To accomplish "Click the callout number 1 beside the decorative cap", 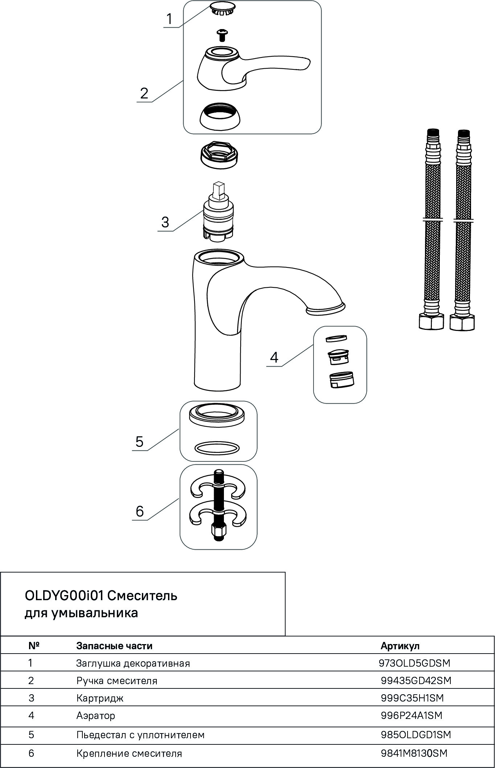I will [169, 19].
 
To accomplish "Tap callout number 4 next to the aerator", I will [274, 357].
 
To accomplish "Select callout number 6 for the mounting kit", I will [140, 511].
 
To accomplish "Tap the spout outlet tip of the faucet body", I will [326, 309].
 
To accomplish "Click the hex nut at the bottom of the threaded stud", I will [218, 533].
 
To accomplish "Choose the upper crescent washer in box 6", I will [218, 488].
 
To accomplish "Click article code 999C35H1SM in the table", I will [412, 698].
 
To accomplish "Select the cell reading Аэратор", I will [96, 715].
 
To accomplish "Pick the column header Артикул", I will [400, 646].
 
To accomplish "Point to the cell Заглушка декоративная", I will [133, 663].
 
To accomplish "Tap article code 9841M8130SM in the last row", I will [414, 753].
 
